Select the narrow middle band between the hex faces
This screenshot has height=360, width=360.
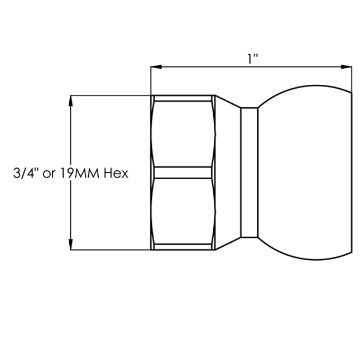point(183,172)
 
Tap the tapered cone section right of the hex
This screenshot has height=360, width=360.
point(228,172)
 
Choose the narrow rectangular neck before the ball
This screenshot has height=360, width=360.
point(249,172)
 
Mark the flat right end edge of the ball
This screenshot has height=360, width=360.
point(352,172)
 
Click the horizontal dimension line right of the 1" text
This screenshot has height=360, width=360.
point(301,68)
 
